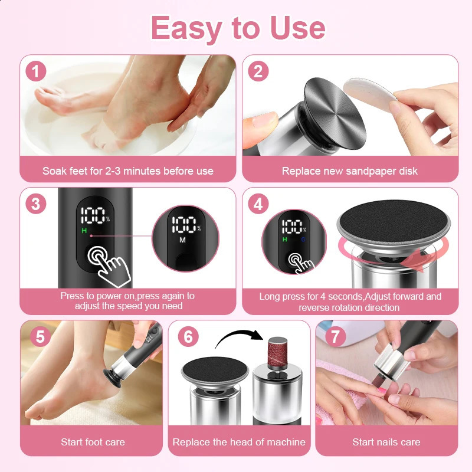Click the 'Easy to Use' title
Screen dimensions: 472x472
pyautogui.click(x=238, y=28)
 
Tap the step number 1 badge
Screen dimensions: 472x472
pyautogui.click(x=37, y=72)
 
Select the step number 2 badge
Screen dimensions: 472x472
pyautogui.click(x=257, y=72)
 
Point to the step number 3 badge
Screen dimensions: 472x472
pyautogui.click(x=37, y=204)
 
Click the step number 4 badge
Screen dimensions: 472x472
pyautogui.click(x=257, y=204)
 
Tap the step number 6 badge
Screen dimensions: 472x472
pyautogui.click(x=188, y=337)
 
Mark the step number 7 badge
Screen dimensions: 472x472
pyautogui.click(x=335, y=337)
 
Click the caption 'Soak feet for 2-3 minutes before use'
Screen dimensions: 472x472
pyautogui.click(x=128, y=171)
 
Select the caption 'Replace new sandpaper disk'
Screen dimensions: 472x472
pyautogui.click(x=349, y=171)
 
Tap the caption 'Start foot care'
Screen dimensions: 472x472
pyautogui.click(x=93, y=441)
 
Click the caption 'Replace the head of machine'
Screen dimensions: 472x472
pyautogui.click(x=239, y=441)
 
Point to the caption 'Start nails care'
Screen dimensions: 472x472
pyautogui.click(x=386, y=441)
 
